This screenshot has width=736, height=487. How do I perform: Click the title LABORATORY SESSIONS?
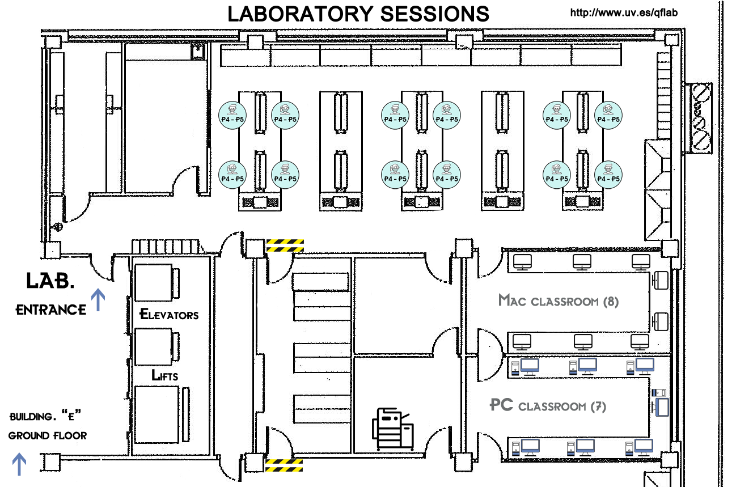[358, 14]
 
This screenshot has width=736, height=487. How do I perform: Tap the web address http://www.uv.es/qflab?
[624, 12]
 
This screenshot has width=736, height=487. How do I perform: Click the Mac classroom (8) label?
[558, 300]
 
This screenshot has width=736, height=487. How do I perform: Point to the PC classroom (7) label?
[547, 406]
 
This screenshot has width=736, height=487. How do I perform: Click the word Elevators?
[169, 314]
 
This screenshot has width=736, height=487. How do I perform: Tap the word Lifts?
[165, 375]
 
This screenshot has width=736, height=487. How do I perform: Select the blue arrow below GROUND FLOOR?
[19, 464]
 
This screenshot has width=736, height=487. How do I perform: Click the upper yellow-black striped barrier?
[285, 245]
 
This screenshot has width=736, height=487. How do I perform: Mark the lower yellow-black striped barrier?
[284, 465]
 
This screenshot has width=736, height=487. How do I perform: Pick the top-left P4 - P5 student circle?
[232, 115]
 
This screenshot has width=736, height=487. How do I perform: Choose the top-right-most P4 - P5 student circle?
[608, 115]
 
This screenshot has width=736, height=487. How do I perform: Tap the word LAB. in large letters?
[50, 281]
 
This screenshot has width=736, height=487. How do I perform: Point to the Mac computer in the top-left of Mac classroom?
[521, 261]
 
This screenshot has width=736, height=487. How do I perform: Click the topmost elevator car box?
[153, 282]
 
